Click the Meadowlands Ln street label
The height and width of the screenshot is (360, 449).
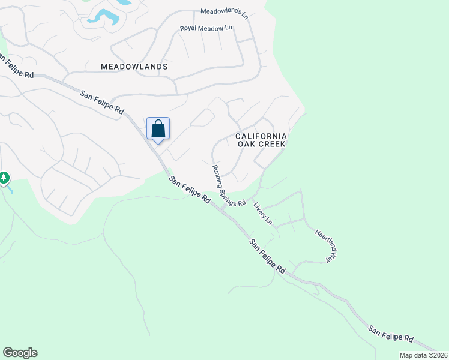tap(224, 12)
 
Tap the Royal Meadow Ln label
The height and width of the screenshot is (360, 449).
tap(206, 28)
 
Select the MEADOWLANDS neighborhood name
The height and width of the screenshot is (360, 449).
tap(134, 67)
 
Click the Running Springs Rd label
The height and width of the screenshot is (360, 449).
tap(228, 186)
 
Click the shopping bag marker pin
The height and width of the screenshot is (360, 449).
tap(158, 128)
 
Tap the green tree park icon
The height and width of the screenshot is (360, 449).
tap(4, 178)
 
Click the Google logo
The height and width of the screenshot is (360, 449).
tap(20, 353)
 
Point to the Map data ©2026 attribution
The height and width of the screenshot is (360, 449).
tap(424, 355)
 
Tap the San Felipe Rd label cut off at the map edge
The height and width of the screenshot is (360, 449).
tap(17, 66)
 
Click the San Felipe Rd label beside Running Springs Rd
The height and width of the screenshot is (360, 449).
tap(190, 189)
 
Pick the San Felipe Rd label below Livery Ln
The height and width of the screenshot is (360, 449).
tap(267, 257)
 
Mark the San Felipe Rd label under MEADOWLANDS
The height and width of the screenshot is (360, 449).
tap(102, 102)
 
